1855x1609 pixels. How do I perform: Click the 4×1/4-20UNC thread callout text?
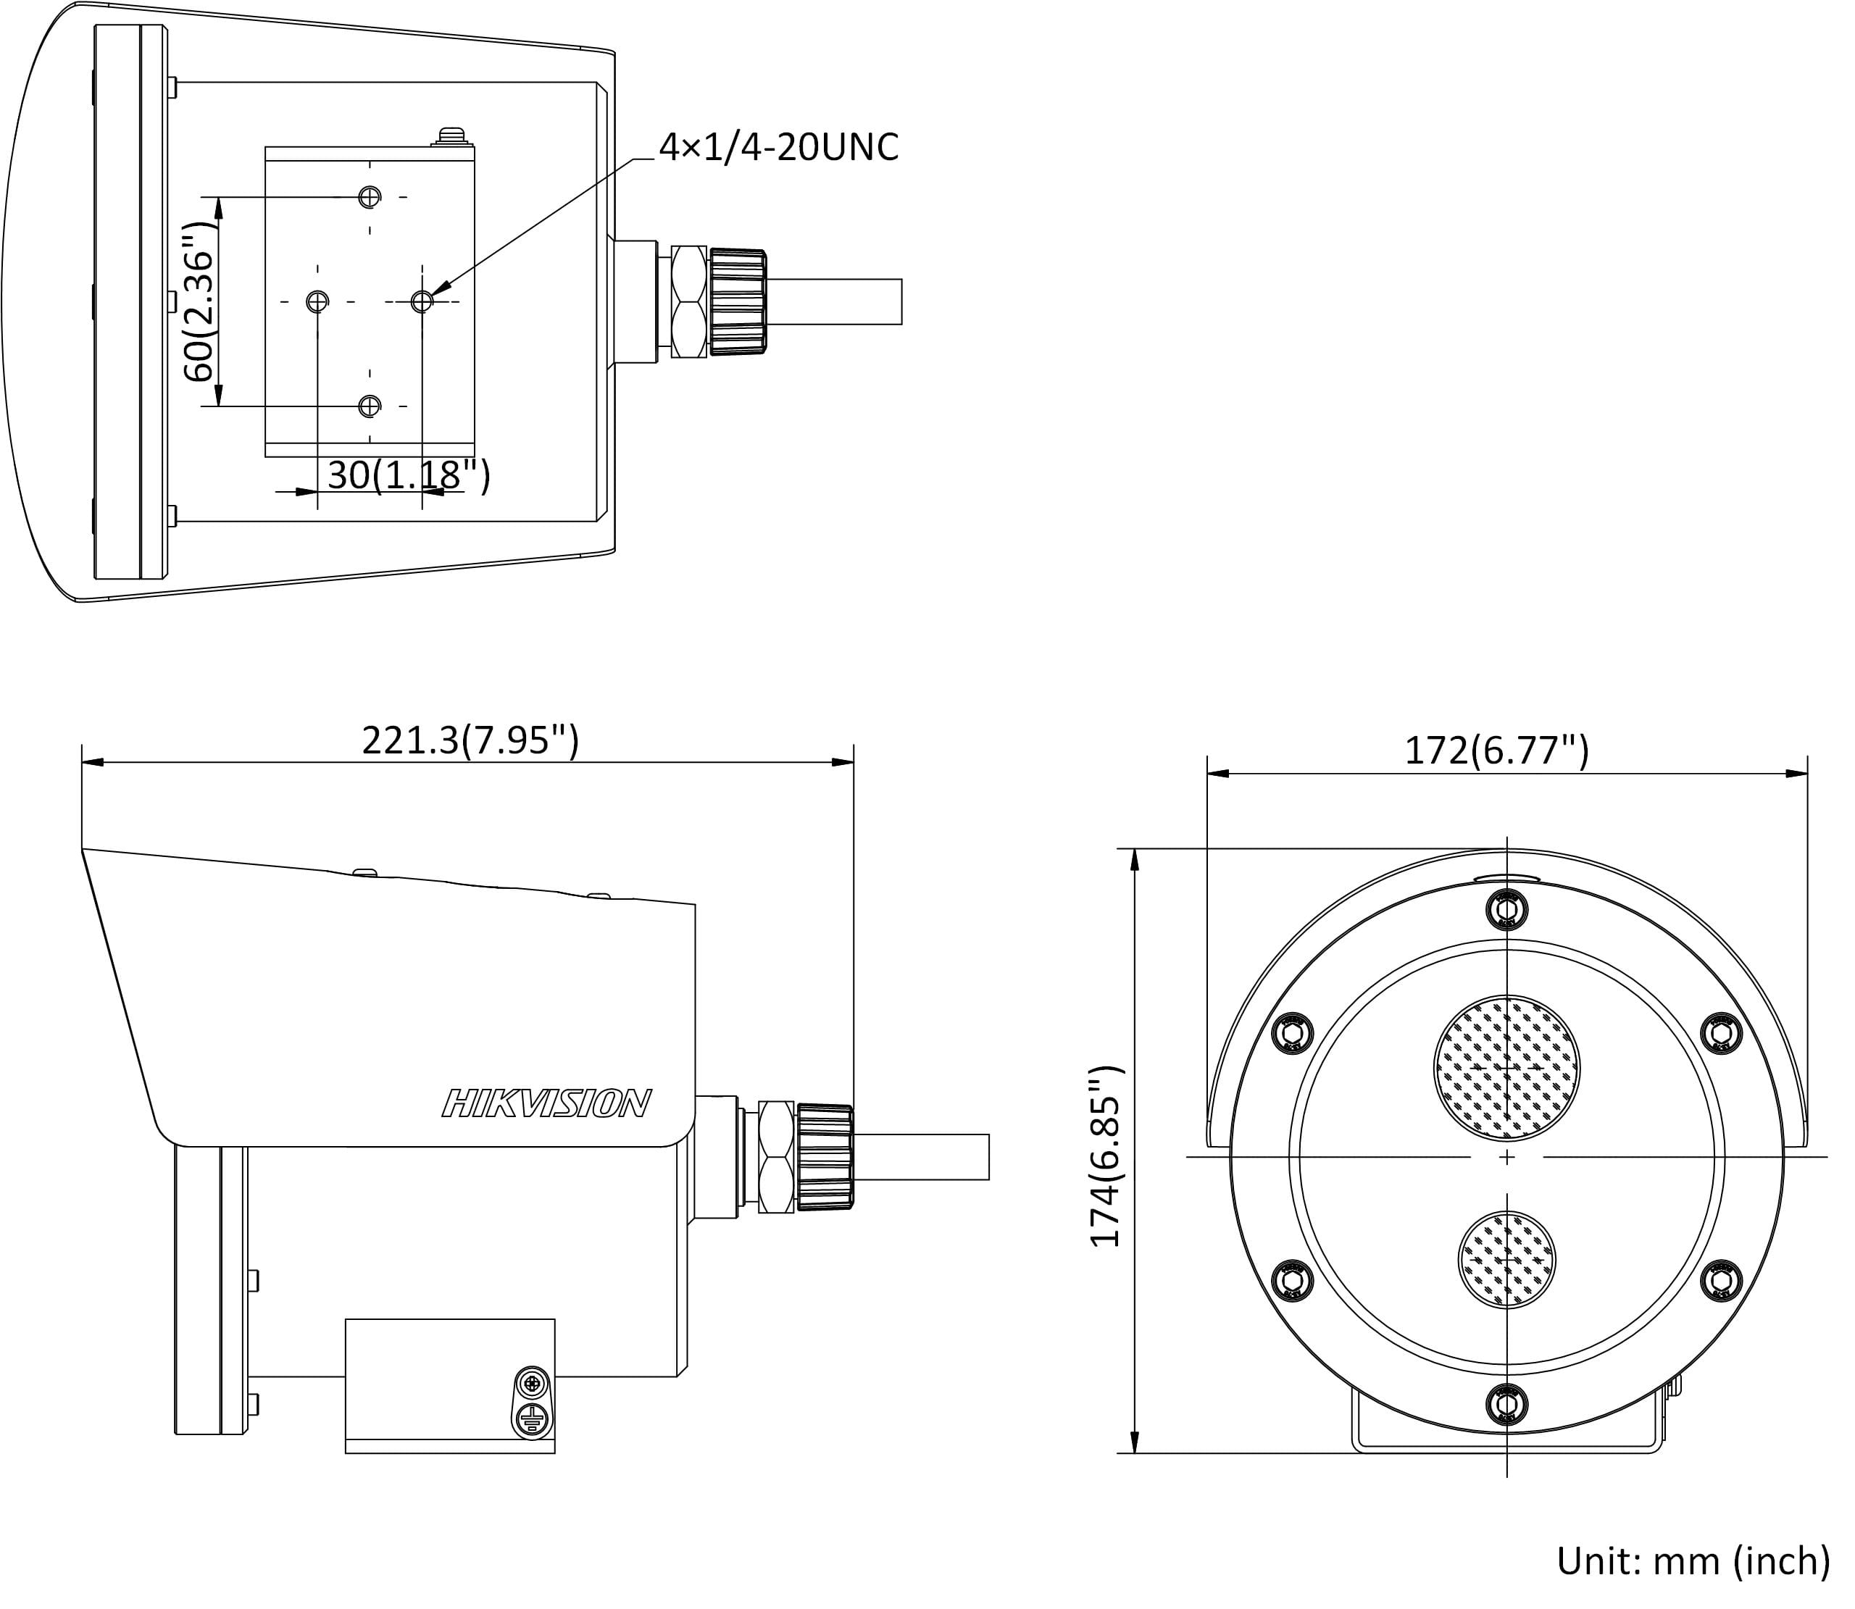pyautogui.click(x=778, y=147)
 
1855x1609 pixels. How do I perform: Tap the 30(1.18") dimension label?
pyautogui.click(x=409, y=475)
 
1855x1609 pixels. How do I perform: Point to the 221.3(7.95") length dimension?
pyautogui.click(x=470, y=741)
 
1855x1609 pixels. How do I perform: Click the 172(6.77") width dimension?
pyautogui.click(x=1496, y=750)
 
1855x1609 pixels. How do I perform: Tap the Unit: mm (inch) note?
pyautogui.click(x=1693, y=1560)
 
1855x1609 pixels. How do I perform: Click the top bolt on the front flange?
pyautogui.click(x=1506, y=910)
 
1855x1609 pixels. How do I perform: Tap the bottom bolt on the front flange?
pyautogui.click(x=1506, y=1403)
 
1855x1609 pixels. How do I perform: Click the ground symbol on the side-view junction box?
pyautogui.click(x=532, y=1419)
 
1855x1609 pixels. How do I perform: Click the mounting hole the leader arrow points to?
pyautogui.click(x=422, y=301)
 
